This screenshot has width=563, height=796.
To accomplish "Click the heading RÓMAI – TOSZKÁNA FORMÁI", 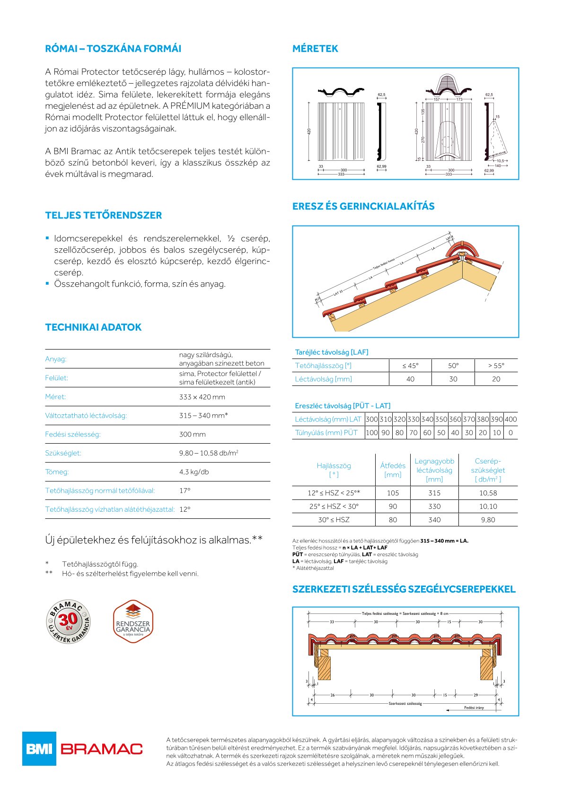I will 113,49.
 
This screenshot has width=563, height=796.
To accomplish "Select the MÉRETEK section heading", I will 315,49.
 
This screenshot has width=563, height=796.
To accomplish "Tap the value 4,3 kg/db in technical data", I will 194,472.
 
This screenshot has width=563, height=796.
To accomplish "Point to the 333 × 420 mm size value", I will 202,397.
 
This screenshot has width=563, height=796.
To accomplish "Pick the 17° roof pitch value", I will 184,490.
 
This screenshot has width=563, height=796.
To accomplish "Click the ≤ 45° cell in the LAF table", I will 410,366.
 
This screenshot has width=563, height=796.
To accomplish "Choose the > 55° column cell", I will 496,366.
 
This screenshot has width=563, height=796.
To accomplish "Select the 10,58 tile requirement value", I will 488,493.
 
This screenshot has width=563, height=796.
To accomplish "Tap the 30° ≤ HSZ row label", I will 334,520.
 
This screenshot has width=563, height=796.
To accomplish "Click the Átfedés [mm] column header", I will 393,470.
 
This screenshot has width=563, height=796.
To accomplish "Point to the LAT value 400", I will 510,419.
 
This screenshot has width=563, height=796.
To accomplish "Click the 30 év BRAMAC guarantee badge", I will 68,621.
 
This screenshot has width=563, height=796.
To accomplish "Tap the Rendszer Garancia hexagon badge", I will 133,621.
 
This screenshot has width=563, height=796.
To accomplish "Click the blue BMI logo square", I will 39,749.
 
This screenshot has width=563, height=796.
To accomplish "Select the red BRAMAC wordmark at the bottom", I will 102,749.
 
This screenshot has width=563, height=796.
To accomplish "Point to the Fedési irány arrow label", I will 474,708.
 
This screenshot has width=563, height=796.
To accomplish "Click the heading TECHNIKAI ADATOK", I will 93,327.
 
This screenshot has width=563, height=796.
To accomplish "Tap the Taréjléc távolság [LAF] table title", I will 331,352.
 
